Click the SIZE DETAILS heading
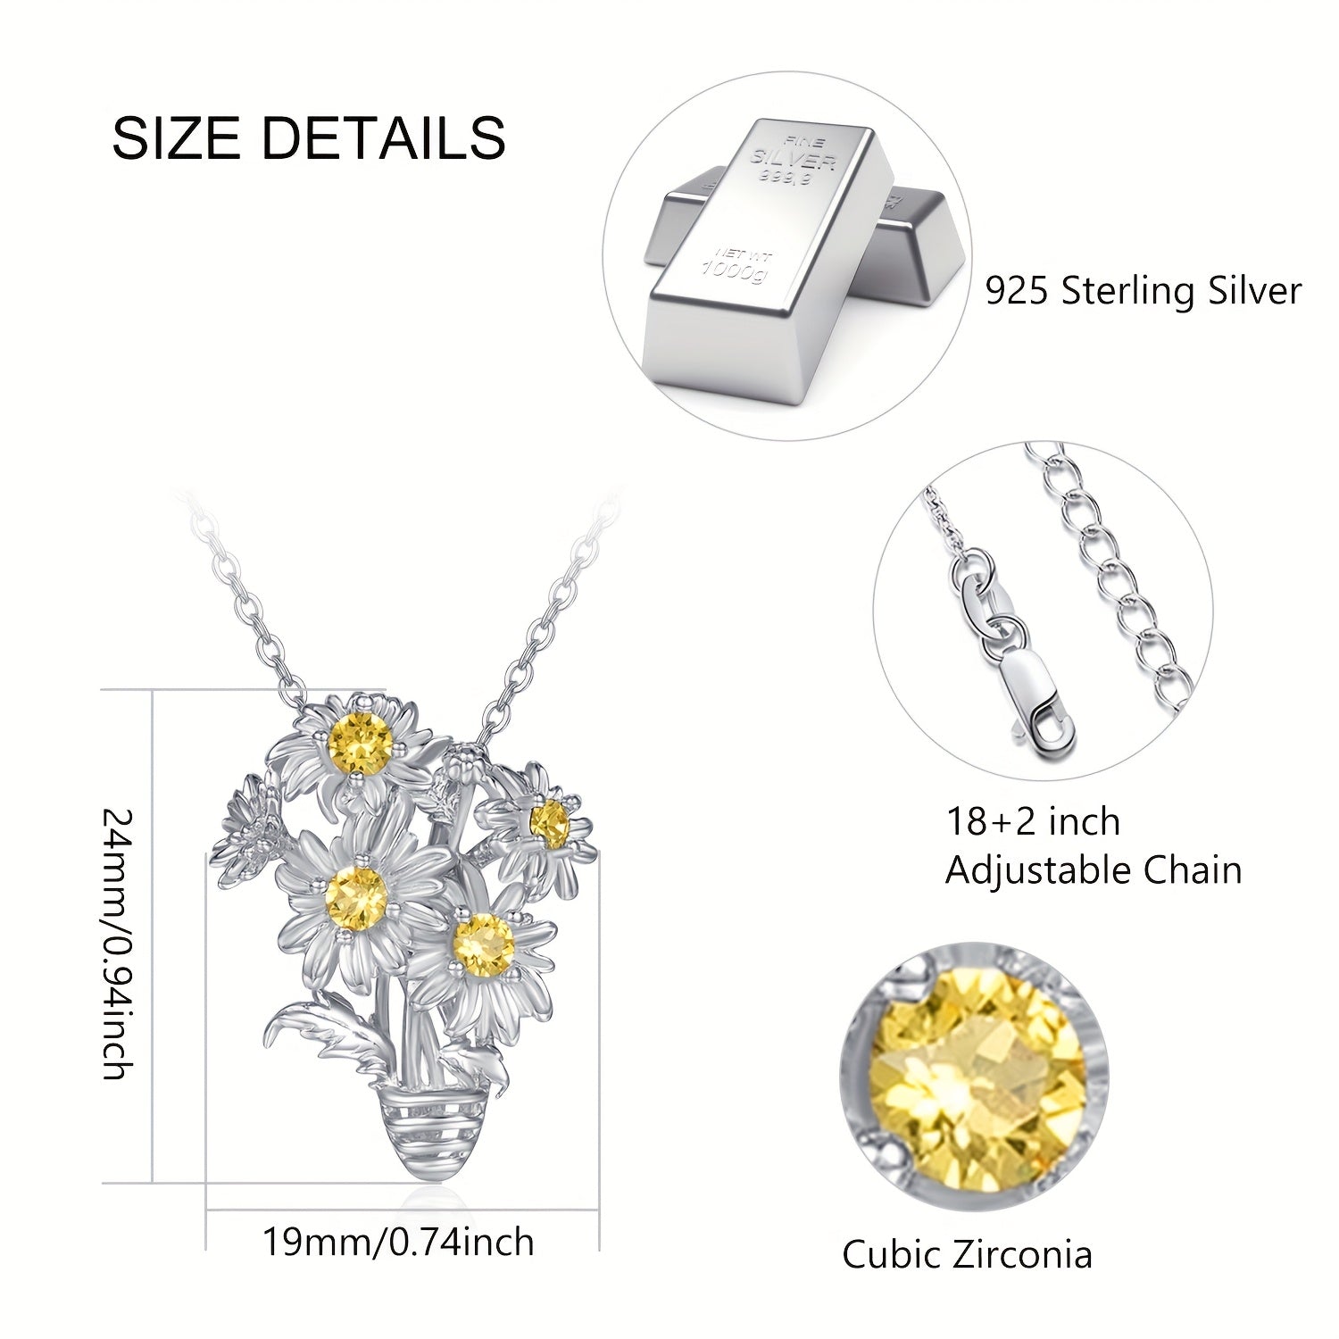pyautogui.click(x=309, y=138)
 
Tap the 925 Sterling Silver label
pyautogui.click(x=1144, y=291)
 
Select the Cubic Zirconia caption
pyautogui.click(x=967, y=1254)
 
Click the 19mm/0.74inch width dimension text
pyautogui.click(x=398, y=1242)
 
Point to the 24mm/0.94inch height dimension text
pyautogui.click(x=118, y=944)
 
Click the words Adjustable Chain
pyautogui.click(x=1094, y=869)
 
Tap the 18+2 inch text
pyautogui.click(x=1033, y=821)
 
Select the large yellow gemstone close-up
pyautogui.click(x=974, y=1077)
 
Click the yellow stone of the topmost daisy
pyautogui.click(x=361, y=743)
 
